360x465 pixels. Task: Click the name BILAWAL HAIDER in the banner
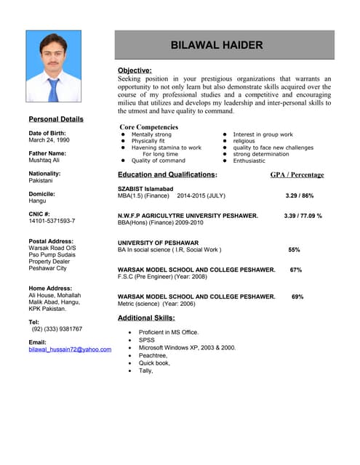(216, 45)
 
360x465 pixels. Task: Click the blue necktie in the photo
(53, 89)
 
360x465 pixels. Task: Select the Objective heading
(135, 70)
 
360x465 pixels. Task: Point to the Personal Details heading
(56, 119)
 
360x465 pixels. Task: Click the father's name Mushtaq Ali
(45, 161)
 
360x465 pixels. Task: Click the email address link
(70, 349)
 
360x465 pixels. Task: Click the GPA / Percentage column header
(297, 175)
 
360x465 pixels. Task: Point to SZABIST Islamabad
(145, 189)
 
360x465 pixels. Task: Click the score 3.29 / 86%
(300, 196)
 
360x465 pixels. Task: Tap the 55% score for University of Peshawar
(294, 250)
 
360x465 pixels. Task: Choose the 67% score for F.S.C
(296, 270)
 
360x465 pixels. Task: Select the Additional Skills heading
(146, 318)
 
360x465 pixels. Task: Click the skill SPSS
(146, 339)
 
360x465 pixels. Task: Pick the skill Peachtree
(153, 355)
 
